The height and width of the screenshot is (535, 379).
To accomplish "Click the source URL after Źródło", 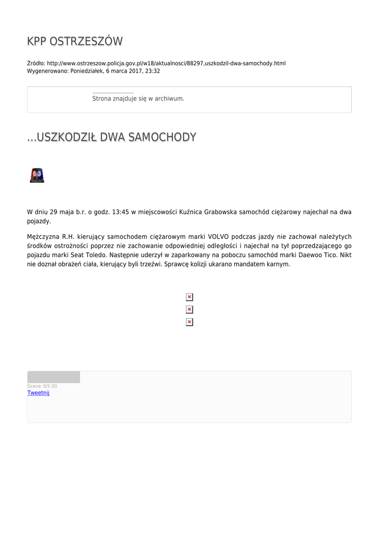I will (166, 63).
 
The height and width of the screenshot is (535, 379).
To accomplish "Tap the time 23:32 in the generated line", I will (153, 71).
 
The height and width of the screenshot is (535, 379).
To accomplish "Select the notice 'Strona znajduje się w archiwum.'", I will (138, 98).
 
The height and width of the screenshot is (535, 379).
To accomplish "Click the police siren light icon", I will (37, 176).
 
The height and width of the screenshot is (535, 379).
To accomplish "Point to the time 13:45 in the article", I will (120, 212).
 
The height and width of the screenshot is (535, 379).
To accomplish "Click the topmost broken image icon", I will (189, 297).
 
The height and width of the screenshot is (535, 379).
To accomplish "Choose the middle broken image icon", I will (189, 310).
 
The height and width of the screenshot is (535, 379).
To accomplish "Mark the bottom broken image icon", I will (189, 322).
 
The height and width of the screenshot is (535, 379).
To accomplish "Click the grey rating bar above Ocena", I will (54, 377).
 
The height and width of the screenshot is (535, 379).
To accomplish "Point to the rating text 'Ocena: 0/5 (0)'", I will (42, 386).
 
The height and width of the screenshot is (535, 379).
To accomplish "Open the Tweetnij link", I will (38, 393).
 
